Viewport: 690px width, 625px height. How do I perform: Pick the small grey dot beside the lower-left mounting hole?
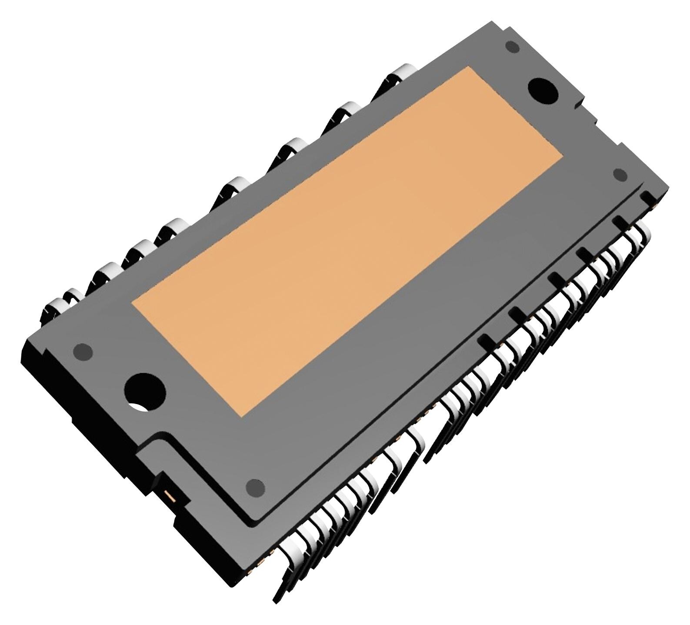point(83,351)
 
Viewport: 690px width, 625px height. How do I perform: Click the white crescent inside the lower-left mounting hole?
point(140,408)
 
